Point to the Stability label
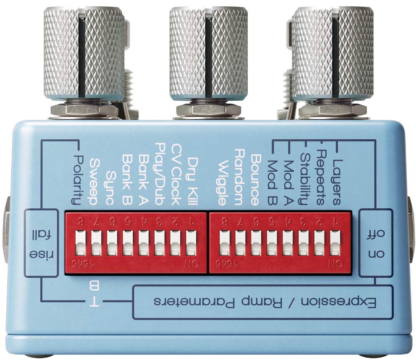tap(305, 180)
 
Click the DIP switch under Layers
tap(335, 243)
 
